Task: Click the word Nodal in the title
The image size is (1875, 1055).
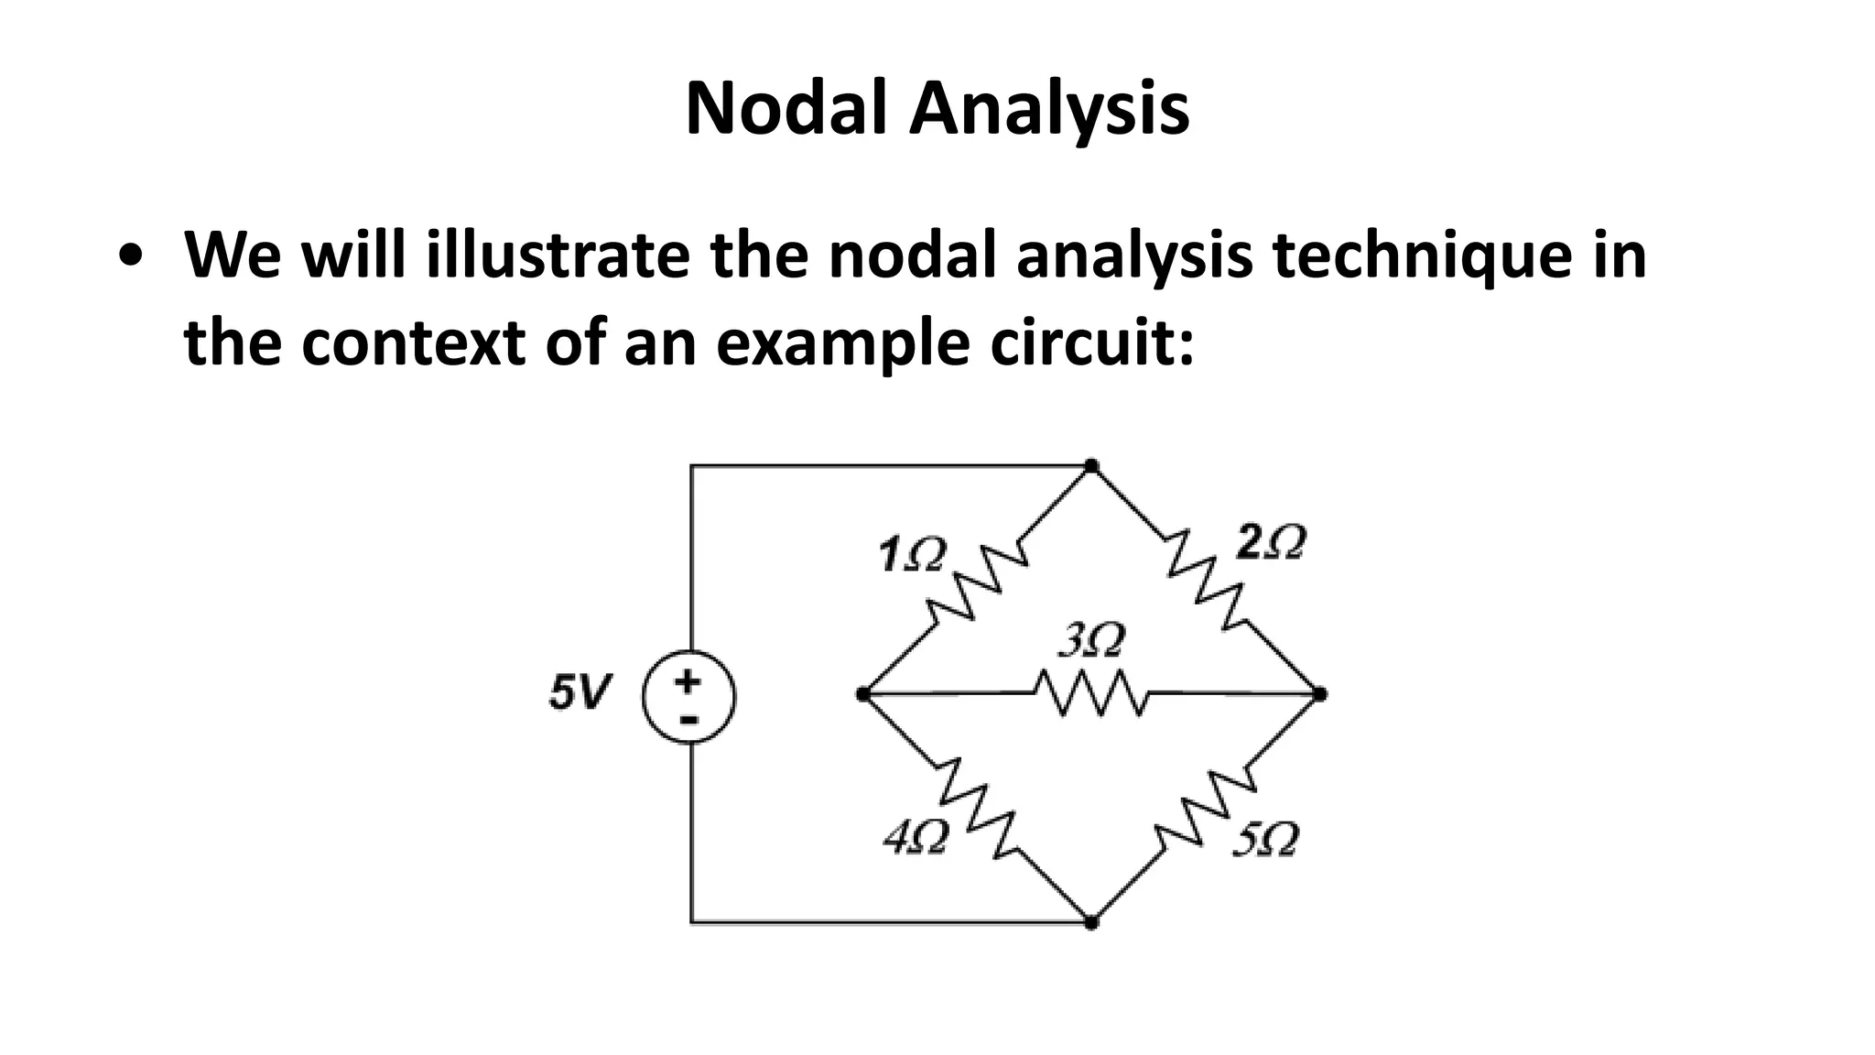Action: [x=786, y=109]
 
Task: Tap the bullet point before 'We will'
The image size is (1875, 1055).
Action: [x=135, y=256]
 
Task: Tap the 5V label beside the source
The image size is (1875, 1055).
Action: [x=577, y=692]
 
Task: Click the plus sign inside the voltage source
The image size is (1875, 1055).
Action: [x=688, y=680]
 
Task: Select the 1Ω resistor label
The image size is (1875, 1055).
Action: [x=908, y=555]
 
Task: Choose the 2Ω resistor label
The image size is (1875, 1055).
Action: [x=1270, y=543]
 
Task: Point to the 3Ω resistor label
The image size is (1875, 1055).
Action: [x=1089, y=640]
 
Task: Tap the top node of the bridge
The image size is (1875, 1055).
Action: [x=1090, y=466]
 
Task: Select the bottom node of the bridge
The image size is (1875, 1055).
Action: [x=1090, y=922]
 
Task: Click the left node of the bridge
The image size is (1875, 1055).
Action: [x=862, y=694]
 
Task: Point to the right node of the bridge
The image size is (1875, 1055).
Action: [x=1318, y=694]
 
